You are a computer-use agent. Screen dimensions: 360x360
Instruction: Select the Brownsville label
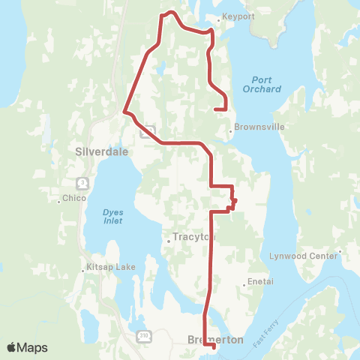(x=259, y=127)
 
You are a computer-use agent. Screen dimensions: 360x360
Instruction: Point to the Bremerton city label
(x=214, y=340)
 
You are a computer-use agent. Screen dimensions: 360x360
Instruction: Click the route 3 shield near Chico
(x=82, y=182)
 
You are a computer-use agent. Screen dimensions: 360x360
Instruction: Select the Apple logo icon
(x=13, y=348)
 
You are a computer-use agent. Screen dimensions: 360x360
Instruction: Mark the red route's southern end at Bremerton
(x=214, y=346)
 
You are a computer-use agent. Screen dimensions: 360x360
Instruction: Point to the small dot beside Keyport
(x=217, y=19)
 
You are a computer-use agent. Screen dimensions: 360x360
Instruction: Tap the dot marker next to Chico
(x=59, y=201)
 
